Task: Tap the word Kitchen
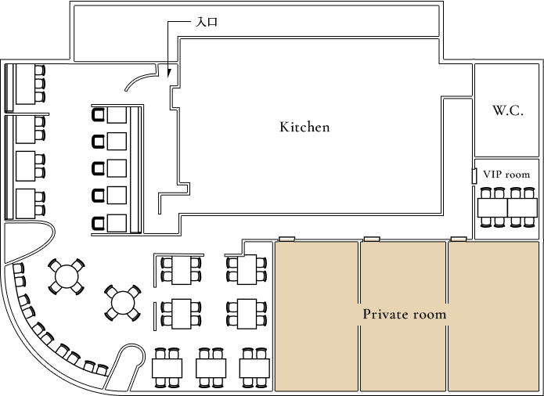(x=304, y=127)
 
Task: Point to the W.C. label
(x=507, y=110)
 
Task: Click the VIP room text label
(x=506, y=175)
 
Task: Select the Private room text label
(x=404, y=315)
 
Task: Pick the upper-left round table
(x=67, y=275)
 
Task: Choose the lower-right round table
(x=122, y=301)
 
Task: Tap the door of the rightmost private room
(x=459, y=239)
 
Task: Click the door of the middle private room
(x=371, y=239)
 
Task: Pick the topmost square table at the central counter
(x=117, y=115)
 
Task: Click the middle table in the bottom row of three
(x=211, y=367)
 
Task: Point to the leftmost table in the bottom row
(x=167, y=367)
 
